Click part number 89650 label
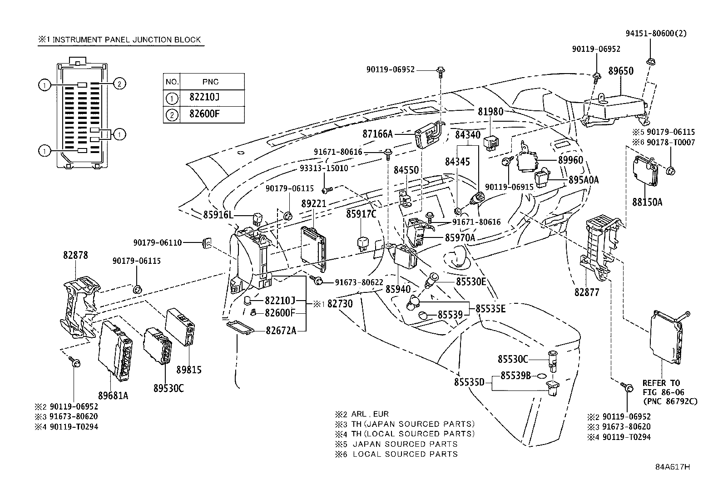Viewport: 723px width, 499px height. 621,71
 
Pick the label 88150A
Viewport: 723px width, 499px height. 647,202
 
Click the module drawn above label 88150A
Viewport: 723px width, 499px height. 646,171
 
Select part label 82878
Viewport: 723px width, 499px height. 75,255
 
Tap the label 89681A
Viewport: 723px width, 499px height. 113,395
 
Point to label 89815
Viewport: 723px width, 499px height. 188,370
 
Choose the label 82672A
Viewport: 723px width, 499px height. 281,331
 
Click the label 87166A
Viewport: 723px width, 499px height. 377,134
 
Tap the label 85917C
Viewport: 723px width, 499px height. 361,214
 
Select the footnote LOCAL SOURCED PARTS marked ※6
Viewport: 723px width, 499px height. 405,454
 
